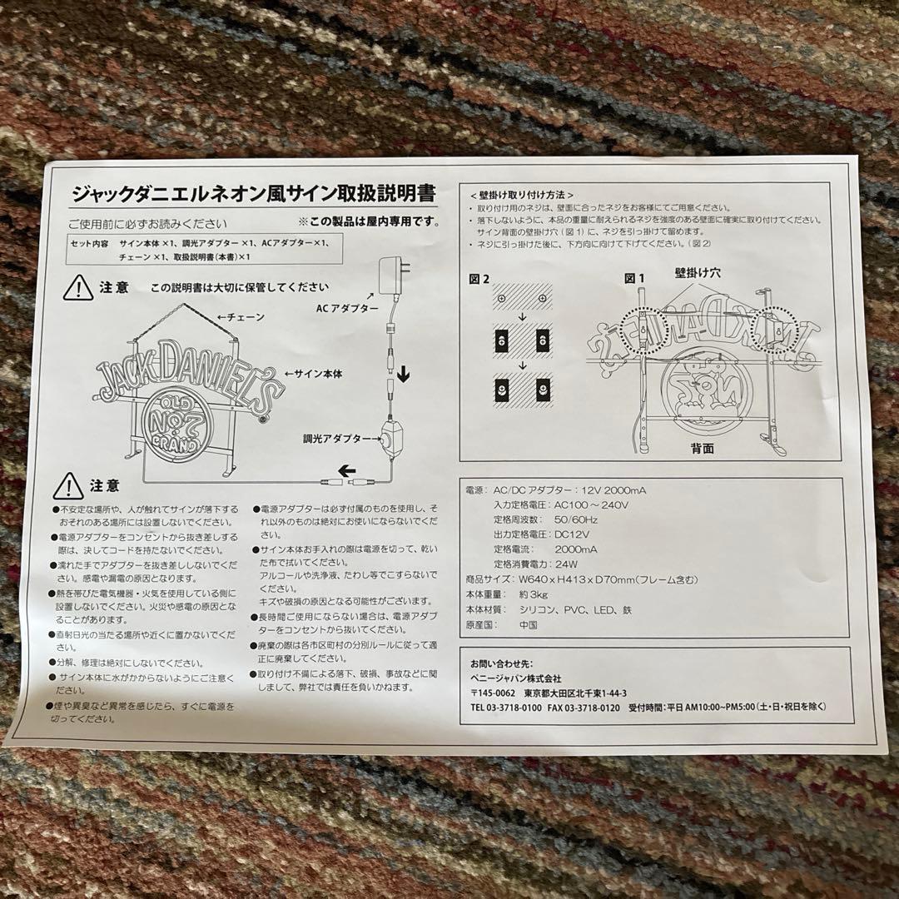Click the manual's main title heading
coord(253,195)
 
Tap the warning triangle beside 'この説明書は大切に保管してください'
coord(78,287)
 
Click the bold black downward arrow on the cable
coord(404,374)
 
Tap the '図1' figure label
coord(635,277)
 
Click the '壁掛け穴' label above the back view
coord(698,272)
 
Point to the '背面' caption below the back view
coord(702,449)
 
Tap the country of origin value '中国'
coord(528,624)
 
